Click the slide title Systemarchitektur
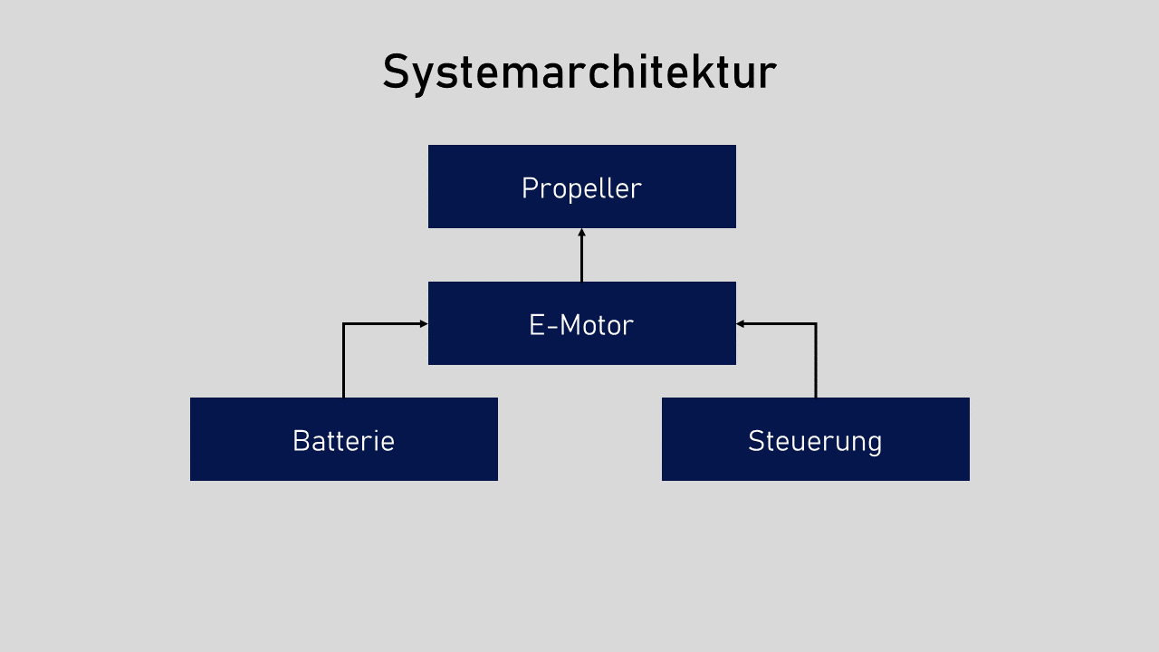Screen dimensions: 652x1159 tap(579, 72)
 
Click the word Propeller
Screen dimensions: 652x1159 tap(581, 188)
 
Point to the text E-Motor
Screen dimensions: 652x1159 tap(581, 325)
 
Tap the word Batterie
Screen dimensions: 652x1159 tap(343, 441)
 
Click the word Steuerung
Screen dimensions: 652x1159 tap(815, 441)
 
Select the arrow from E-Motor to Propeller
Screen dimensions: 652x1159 tap(581, 258)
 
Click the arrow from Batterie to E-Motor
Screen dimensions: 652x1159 tap(344, 362)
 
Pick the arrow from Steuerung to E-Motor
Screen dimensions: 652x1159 tap(816, 362)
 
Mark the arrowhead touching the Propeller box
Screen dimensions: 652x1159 tap(581, 232)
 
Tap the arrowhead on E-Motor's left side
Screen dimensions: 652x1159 tap(424, 323)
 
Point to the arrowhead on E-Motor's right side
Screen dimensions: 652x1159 tap(741, 323)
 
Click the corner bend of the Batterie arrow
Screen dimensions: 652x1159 tap(344, 323)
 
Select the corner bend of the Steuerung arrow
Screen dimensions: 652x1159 tap(816, 323)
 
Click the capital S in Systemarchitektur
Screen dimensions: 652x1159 tap(395, 72)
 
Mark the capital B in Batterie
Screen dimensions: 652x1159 tap(301, 441)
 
